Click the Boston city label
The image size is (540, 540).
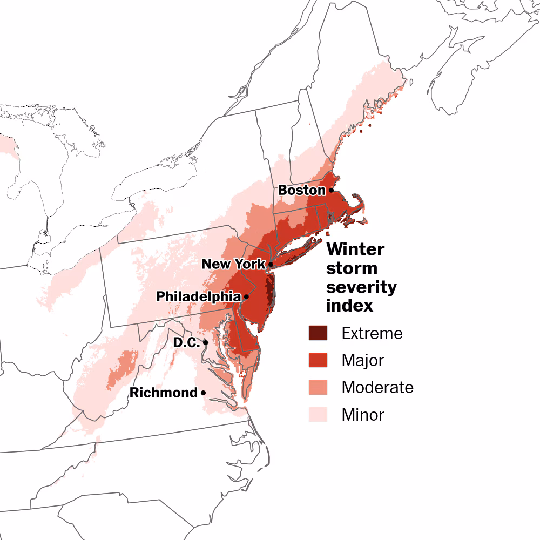coord(301,191)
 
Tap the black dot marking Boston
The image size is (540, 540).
coord(331,190)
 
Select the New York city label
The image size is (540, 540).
coord(233,264)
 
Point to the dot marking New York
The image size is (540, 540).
coord(271,265)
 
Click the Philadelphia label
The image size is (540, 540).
coord(198,296)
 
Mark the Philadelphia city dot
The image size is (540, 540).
coord(246,296)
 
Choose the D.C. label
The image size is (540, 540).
coord(186,342)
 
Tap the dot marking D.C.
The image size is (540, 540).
coord(205,342)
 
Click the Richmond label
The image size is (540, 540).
coord(163,393)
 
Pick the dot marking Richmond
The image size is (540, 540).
coord(203,393)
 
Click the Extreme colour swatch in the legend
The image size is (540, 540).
coord(318,333)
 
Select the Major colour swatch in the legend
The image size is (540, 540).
coord(318,360)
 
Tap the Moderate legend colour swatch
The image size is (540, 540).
coord(318,387)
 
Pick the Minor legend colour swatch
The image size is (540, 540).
coord(318,414)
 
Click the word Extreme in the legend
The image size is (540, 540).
coord(372,334)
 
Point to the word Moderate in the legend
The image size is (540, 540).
coord(377,387)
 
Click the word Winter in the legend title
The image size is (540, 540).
coord(355,250)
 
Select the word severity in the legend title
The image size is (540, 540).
coord(361,287)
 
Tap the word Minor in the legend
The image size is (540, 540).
coord(363,415)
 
